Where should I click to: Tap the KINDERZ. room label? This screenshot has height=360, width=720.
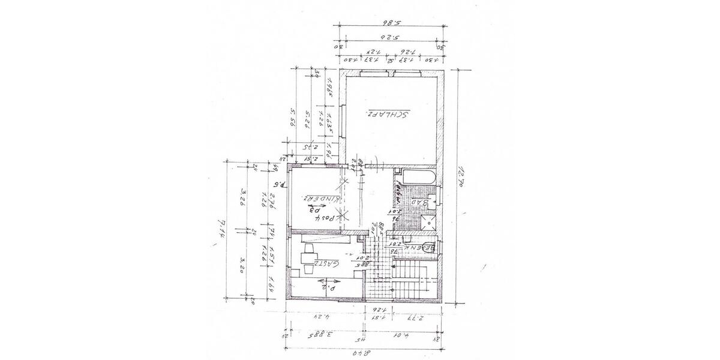322,199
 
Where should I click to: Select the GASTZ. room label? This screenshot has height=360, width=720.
327,263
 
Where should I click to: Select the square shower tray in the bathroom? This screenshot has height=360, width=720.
428,222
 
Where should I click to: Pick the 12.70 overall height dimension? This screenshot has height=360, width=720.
461,178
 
